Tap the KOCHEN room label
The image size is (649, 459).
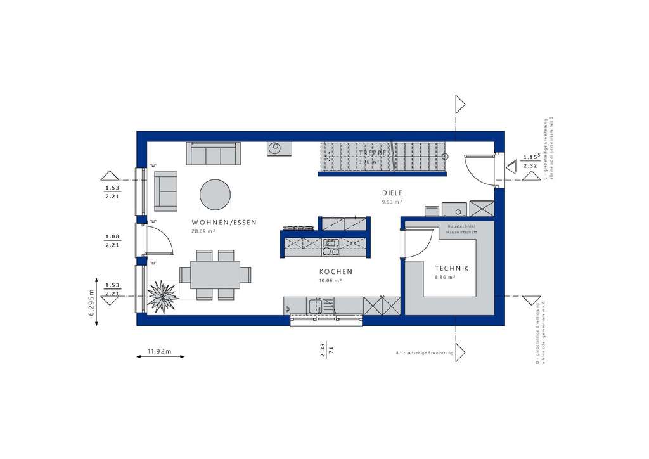click(x=335, y=271)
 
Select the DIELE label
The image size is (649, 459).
click(x=392, y=193)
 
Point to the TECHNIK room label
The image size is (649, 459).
click(x=451, y=269)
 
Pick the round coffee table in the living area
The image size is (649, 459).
click(x=215, y=194)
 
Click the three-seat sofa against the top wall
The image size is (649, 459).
click(x=214, y=153)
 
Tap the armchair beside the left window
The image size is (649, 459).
click(x=166, y=191)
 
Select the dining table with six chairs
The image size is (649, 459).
click(x=215, y=275)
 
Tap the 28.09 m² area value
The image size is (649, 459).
click(x=203, y=231)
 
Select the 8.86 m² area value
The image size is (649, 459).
click(x=446, y=278)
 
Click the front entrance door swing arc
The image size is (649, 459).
click(x=480, y=170)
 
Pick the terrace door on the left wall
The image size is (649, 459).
click(x=157, y=238)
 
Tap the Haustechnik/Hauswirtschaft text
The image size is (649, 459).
click(x=462, y=229)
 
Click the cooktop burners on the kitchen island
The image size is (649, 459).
click(x=299, y=227)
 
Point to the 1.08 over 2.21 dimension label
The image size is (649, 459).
click(x=112, y=240)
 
